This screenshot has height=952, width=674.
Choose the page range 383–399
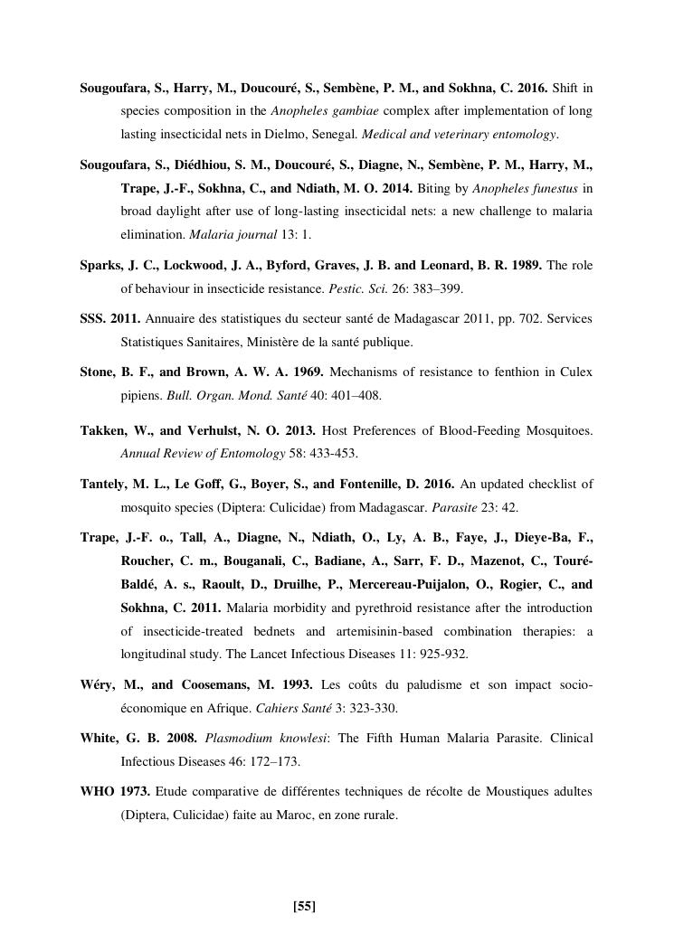click(x=452, y=289)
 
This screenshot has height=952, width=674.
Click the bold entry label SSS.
click(x=93, y=319)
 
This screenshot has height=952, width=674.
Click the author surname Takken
click(x=101, y=430)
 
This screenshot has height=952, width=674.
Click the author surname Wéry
click(x=98, y=684)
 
